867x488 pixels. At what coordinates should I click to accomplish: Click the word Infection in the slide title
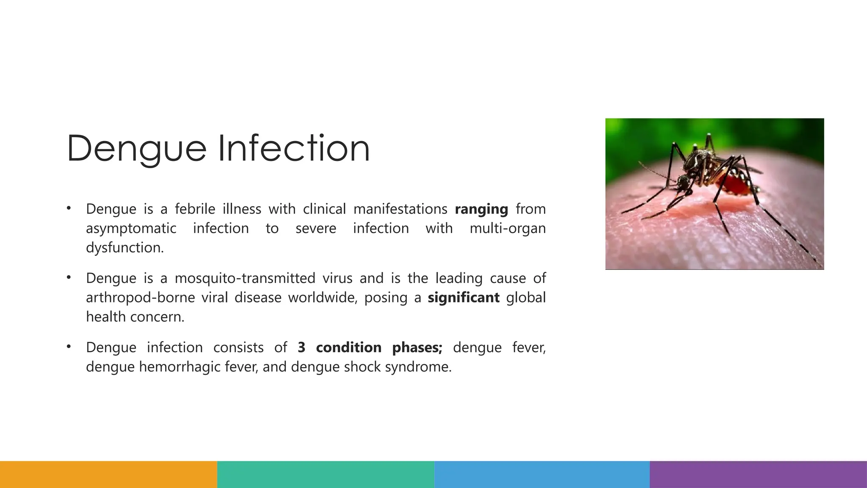(x=294, y=148)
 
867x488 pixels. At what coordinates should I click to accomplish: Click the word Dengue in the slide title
(x=136, y=149)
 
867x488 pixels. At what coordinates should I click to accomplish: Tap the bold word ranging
(x=481, y=209)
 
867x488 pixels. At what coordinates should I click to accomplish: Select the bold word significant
(x=464, y=298)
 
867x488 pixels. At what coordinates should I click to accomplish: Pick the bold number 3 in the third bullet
(x=301, y=348)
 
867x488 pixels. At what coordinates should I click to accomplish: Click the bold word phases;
(x=417, y=348)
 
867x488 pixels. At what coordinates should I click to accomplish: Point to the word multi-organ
(x=508, y=228)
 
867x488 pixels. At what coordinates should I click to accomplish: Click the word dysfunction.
(x=124, y=248)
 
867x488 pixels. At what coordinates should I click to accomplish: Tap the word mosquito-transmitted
(x=245, y=278)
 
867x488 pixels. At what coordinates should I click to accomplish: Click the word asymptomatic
(x=131, y=229)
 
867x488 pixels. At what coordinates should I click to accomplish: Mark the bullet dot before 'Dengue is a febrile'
(x=69, y=208)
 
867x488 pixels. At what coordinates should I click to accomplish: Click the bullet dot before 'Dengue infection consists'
(x=69, y=347)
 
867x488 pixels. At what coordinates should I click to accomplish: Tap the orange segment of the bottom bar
(x=108, y=474)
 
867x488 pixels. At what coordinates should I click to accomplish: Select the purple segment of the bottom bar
(x=758, y=474)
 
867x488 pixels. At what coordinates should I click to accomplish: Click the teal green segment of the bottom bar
(x=326, y=474)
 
